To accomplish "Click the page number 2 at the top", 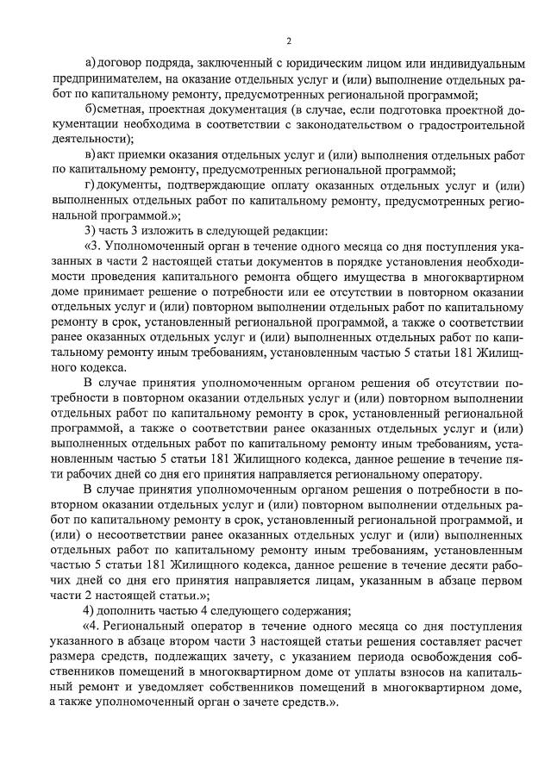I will pyautogui.click(x=289, y=41).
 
